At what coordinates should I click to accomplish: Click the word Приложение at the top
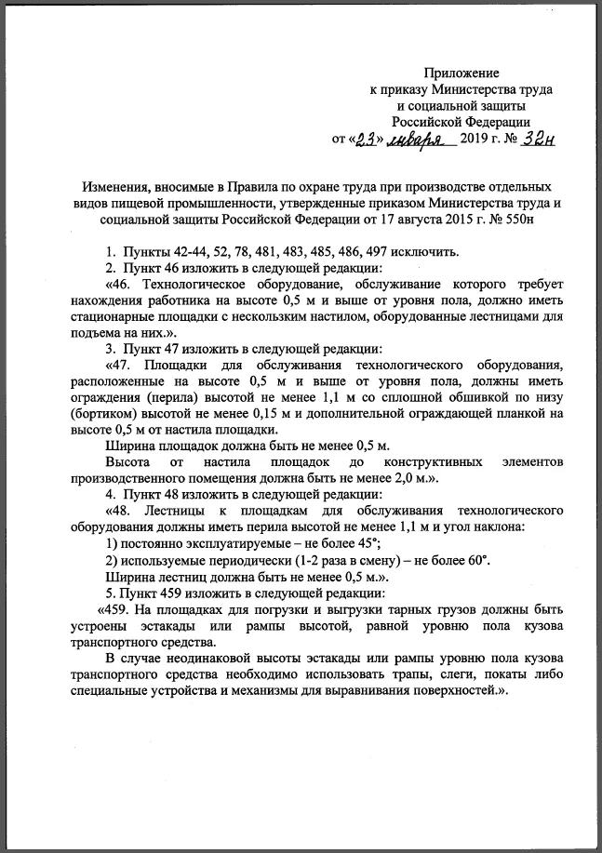pos(462,73)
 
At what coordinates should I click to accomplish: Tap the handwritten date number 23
pos(369,139)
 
